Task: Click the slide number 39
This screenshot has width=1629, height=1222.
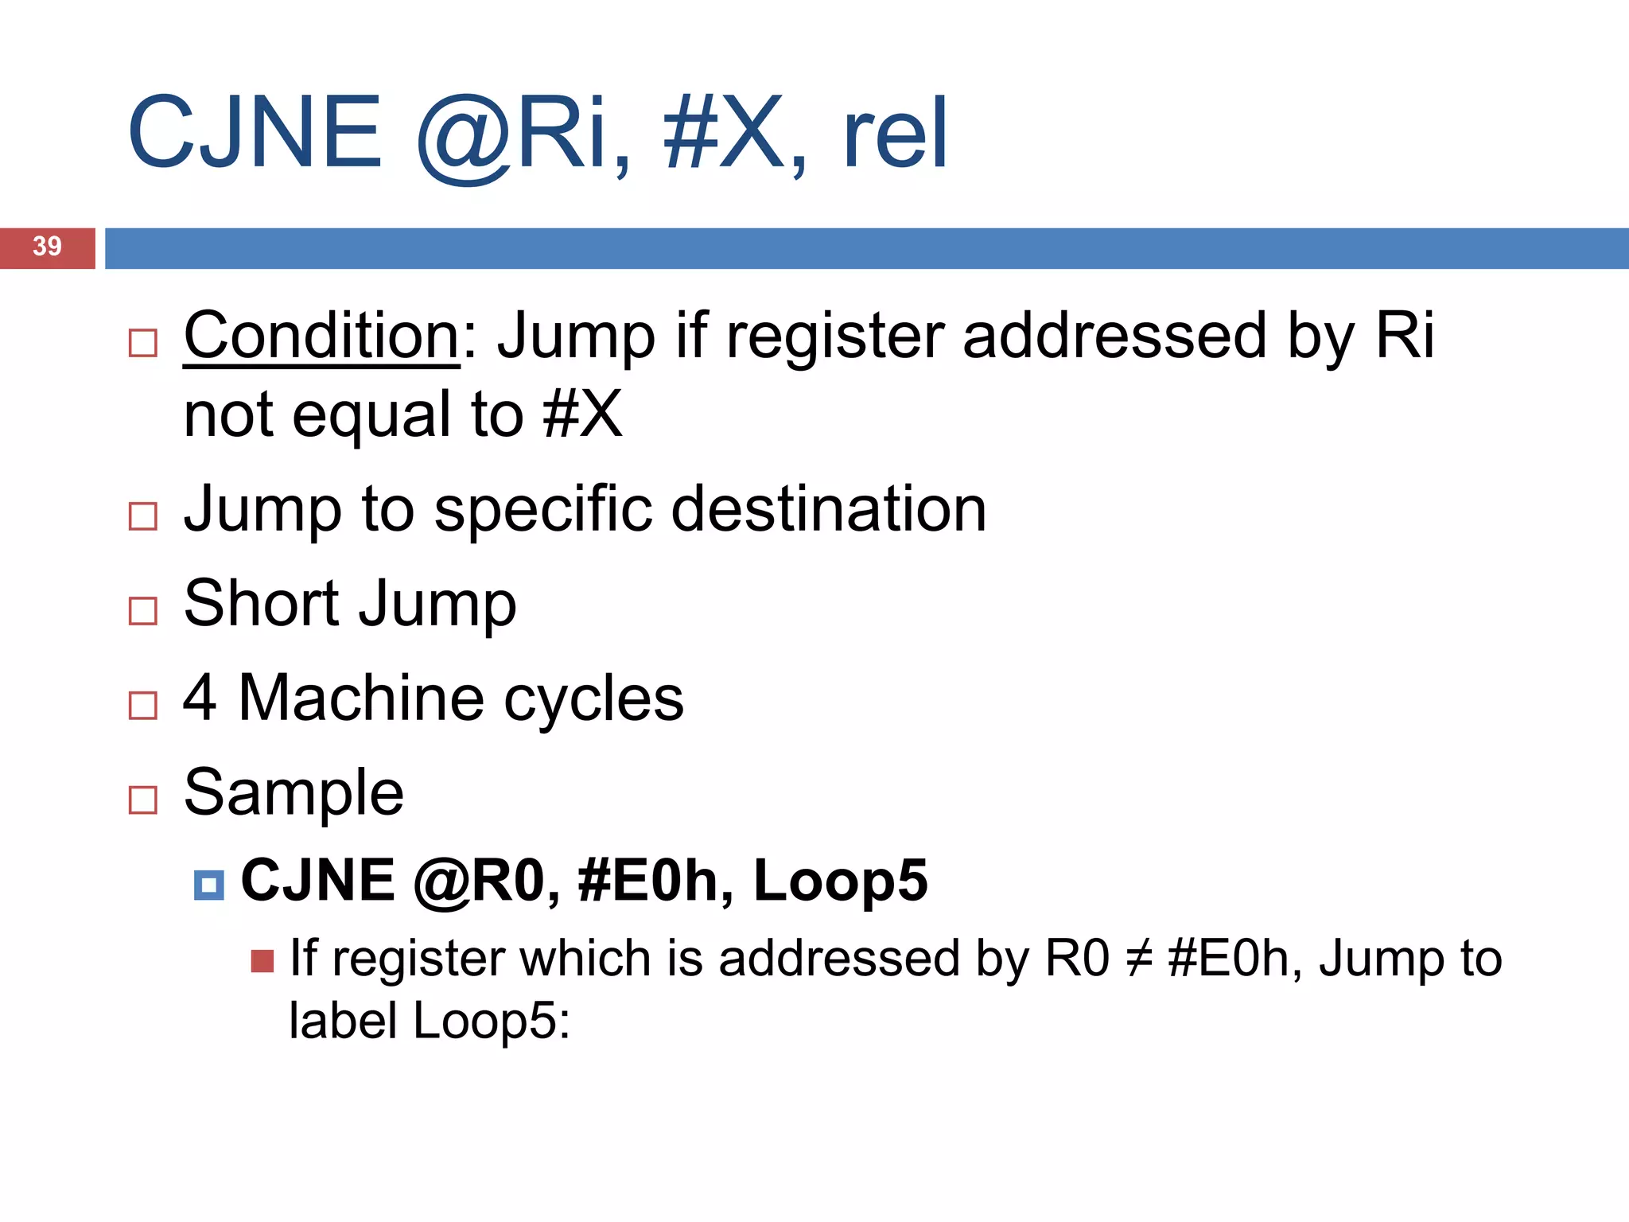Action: coord(47,247)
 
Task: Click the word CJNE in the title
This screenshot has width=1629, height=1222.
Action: coord(255,134)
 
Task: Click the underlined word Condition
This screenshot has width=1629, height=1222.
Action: coord(321,337)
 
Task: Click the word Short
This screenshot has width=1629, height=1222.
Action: coord(262,603)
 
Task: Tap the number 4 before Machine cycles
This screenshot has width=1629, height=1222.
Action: coord(200,698)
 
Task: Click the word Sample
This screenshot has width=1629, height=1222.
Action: coord(294,792)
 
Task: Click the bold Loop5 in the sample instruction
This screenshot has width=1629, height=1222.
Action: coord(840,881)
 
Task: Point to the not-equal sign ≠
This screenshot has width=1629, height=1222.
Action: coord(1138,959)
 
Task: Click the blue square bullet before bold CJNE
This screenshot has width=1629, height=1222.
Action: coord(209,885)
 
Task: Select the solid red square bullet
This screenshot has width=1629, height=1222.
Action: coord(262,961)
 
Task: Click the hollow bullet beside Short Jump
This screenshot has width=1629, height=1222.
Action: coord(143,611)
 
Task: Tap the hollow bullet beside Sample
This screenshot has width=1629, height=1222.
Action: coord(143,800)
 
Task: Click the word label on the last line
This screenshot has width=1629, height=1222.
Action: coord(344,1021)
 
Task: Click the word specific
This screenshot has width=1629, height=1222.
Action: coord(542,509)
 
